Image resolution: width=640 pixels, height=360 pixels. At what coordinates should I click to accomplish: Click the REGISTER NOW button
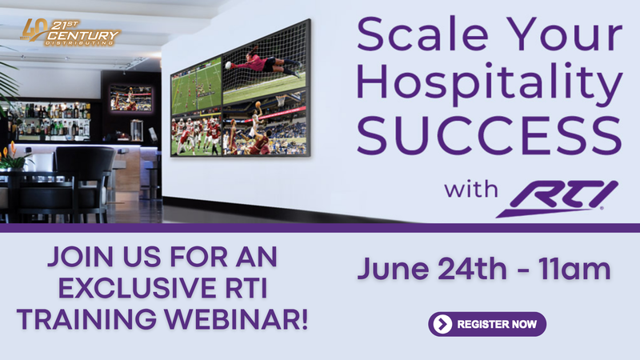pos(487,324)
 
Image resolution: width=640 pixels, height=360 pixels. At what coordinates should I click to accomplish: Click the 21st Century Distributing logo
pos(70,32)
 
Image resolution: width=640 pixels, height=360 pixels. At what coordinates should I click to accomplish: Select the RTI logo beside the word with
pos(557,198)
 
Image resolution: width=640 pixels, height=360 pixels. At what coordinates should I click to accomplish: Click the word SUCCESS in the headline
pos(490,135)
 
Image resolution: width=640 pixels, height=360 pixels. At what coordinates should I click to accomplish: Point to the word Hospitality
pos(490,84)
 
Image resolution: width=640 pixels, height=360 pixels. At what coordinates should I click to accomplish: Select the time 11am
pos(574,270)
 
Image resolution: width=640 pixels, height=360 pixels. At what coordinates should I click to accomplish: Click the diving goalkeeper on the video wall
pos(266,63)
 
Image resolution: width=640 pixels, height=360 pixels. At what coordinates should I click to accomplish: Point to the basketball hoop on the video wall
pos(282,101)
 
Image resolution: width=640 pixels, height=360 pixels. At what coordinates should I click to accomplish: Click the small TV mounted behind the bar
pos(131,98)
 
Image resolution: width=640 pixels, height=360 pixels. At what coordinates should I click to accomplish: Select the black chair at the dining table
pos(86,183)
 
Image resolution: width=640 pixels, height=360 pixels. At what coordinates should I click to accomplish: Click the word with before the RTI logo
pos(471,190)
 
